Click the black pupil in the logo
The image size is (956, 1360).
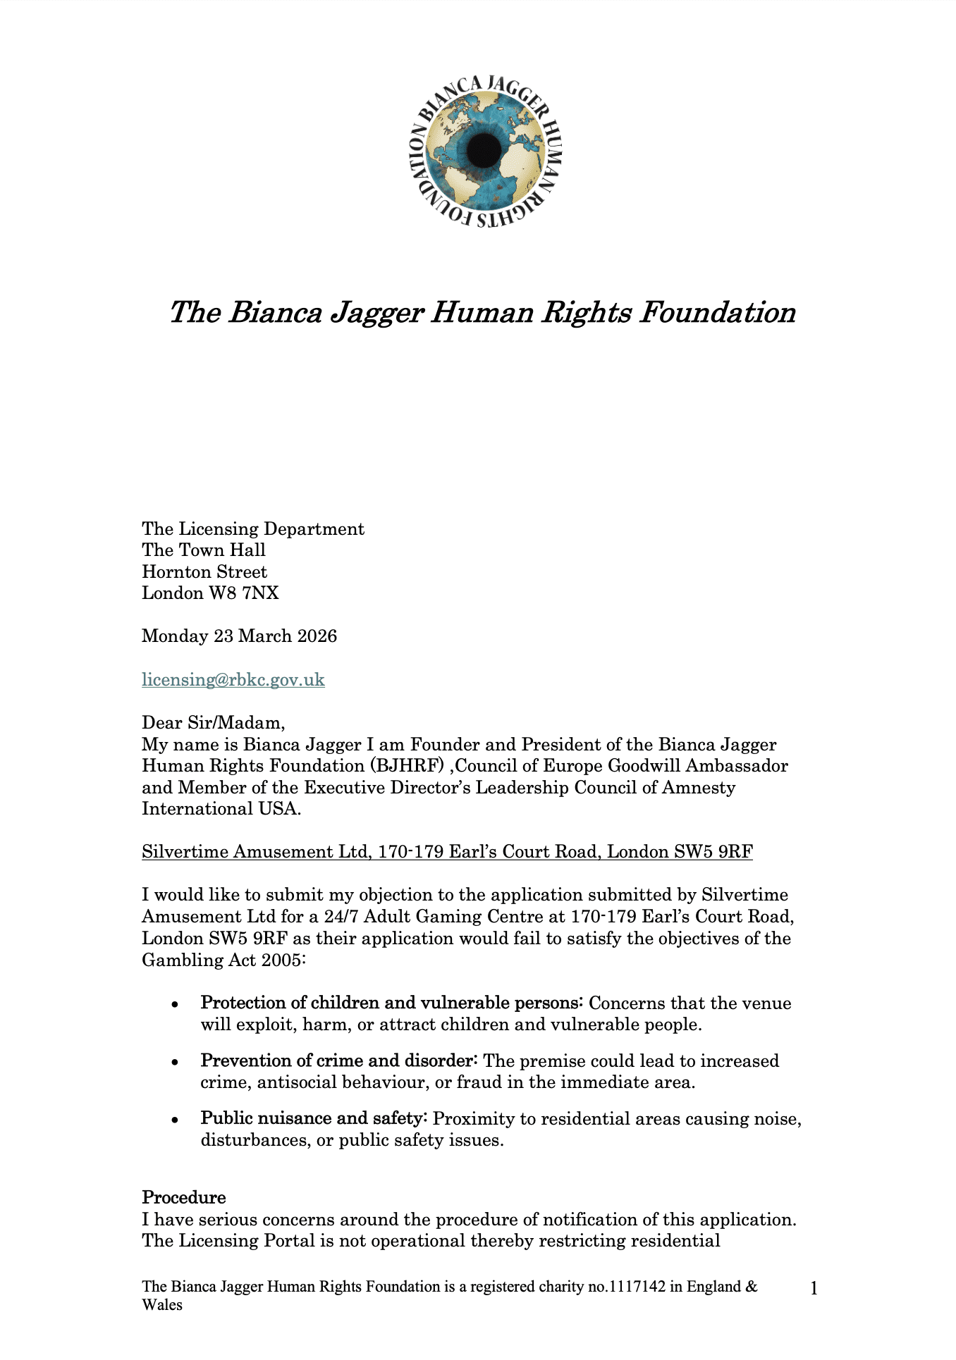(x=484, y=148)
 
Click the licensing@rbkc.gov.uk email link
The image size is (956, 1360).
(x=233, y=679)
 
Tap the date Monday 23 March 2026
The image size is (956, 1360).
(x=239, y=636)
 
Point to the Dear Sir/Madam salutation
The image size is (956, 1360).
(x=214, y=722)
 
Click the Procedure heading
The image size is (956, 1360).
(x=184, y=1197)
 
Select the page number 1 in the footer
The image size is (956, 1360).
(x=814, y=1289)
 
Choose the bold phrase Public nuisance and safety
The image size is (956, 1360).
(x=314, y=1118)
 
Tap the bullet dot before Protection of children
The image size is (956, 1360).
(x=174, y=1004)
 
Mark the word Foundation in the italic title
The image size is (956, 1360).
(x=718, y=312)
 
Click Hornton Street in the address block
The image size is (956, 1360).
(x=204, y=572)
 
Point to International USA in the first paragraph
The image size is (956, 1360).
(x=221, y=809)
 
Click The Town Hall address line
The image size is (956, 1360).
(x=204, y=550)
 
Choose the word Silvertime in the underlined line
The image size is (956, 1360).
(x=185, y=852)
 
